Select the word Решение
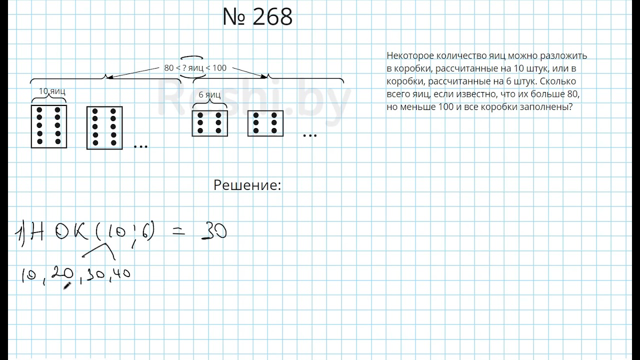(x=247, y=185)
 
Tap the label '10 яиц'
(x=52, y=91)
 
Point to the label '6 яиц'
(x=209, y=95)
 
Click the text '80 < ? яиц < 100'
(x=195, y=68)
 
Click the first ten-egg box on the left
(x=49, y=126)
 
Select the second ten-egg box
(x=104, y=127)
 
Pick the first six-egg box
(x=210, y=123)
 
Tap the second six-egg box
(x=265, y=123)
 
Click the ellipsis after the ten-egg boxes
(x=141, y=145)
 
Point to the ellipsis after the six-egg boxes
(x=310, y=135)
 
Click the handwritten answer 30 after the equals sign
(x=214, y=231)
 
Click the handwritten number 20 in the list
(x=63, y=273)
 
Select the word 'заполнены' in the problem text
(x=552, y=107)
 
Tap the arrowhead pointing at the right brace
(x=264, y=76)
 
